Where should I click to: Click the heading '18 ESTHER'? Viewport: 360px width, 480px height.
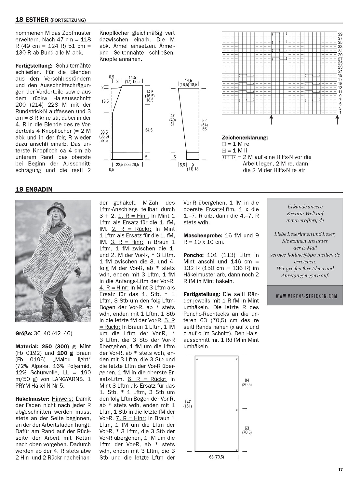32,20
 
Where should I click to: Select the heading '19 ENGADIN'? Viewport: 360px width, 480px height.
34,189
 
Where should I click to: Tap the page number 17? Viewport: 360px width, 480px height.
340,469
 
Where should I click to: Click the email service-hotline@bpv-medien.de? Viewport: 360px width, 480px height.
305,255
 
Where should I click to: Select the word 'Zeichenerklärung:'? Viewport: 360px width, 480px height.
245,138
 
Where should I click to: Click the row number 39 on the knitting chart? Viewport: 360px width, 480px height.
340,34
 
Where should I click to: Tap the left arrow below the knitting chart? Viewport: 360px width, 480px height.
271,120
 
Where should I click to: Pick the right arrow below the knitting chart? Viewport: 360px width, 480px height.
338,120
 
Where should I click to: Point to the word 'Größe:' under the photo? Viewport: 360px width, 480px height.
24,333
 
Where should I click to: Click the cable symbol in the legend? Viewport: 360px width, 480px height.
229,157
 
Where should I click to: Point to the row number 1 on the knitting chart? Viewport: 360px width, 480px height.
340,113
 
